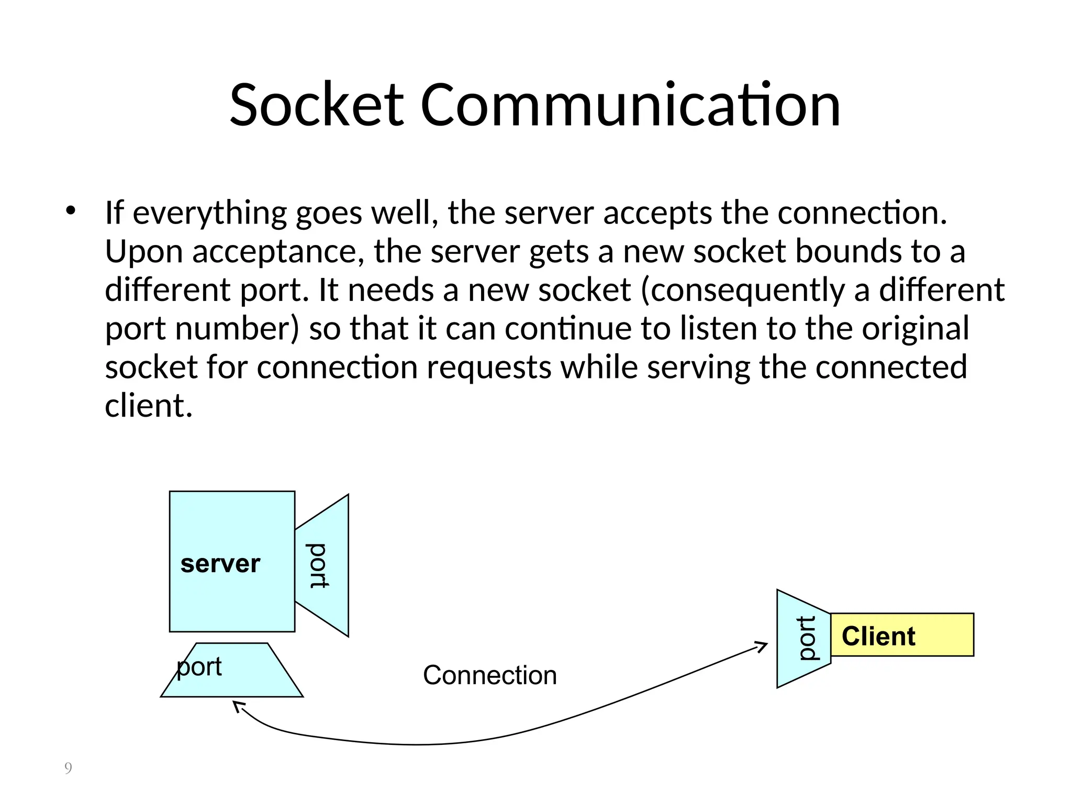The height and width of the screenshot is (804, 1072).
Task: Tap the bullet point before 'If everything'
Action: click(70, 211)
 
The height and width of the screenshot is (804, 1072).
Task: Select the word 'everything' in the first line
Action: click(209, 214)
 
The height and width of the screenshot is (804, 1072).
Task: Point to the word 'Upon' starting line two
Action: click(143, 252)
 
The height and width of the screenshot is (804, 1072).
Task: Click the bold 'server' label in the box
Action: click(220, 564)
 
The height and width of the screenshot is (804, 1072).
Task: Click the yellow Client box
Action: click(901, 635)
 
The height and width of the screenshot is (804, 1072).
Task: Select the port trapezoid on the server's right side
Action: click(322, 565)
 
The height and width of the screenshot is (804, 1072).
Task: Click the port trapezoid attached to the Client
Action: click(802, 639)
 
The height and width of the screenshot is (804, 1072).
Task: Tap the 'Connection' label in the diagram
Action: click(489, 675)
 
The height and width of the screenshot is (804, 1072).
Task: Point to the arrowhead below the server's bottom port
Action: click(238, 707)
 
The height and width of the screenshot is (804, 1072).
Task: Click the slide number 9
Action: click(68, 768)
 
